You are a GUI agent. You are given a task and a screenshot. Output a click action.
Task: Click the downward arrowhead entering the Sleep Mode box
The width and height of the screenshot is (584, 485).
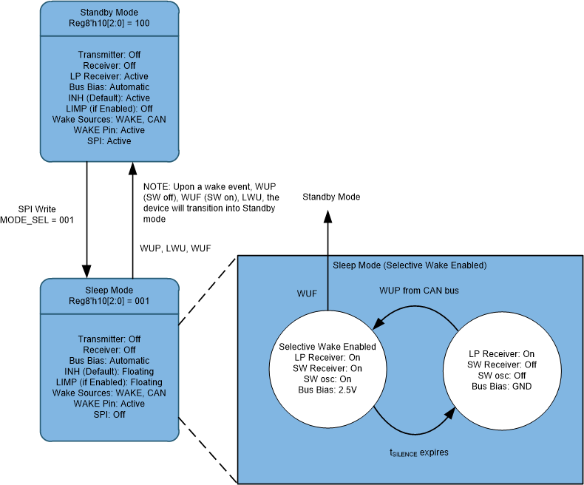88,269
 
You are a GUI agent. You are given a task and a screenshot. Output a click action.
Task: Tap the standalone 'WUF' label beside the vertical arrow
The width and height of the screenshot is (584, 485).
307,294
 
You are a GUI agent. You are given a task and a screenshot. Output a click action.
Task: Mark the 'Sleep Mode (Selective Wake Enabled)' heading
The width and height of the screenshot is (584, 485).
410,265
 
